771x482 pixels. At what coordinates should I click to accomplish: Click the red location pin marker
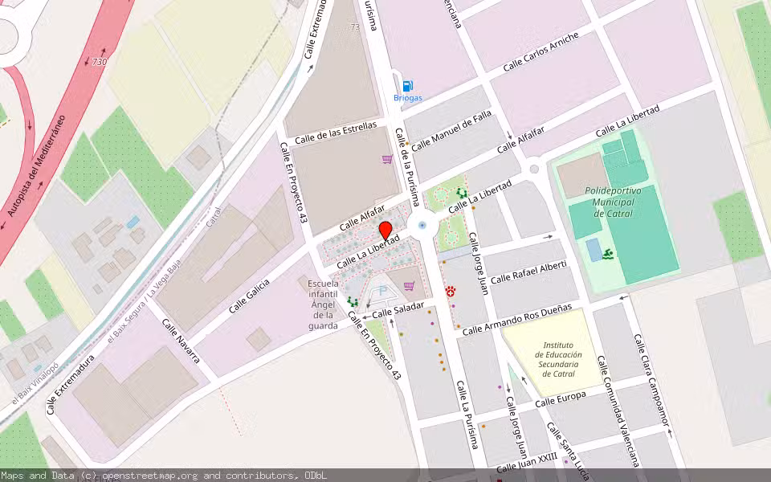[x=385, y=231]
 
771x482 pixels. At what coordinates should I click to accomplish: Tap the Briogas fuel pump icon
[x=407, y=85]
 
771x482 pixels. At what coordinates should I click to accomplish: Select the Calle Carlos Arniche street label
[x=541, y=52]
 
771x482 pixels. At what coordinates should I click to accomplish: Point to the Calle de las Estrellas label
[x=335, y=133]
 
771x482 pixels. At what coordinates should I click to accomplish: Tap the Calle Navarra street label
[x=181, y=341]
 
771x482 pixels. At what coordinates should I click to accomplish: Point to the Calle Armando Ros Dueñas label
[x=517, y=319]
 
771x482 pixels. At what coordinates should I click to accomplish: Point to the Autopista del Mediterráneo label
[x=36, y=166]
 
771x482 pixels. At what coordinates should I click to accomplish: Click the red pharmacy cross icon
[x=451, y=293]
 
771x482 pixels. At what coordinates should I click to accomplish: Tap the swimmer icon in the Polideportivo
[x=609, y=255]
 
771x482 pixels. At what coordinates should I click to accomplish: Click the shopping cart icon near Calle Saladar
[x=410, y=286]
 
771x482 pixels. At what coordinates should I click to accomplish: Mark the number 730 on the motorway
[x=99, y=62]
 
